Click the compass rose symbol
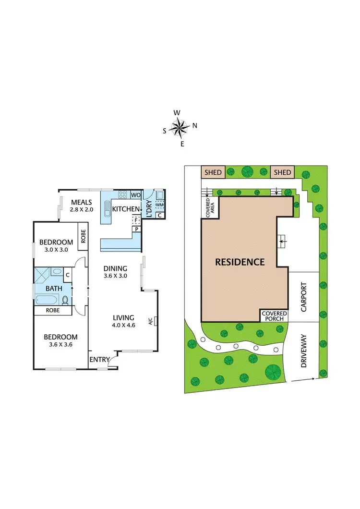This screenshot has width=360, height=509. point(180,128)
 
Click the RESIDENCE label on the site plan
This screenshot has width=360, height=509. point(240,262)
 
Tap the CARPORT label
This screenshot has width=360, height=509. point(303,297)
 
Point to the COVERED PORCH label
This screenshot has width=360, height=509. point(274,315)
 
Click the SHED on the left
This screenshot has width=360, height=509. point(213,172)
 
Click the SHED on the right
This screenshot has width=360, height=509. point(282,172)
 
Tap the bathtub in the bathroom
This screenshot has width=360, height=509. point(48,300)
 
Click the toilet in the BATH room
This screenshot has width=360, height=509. point(65,301)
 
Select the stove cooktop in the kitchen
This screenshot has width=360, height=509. point(122,195)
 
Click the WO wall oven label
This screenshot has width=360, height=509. point(135,195)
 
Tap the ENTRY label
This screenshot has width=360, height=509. point(99,360)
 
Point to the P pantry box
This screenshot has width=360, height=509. point(137,230)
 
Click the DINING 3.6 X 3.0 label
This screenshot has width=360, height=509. point(115,272)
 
